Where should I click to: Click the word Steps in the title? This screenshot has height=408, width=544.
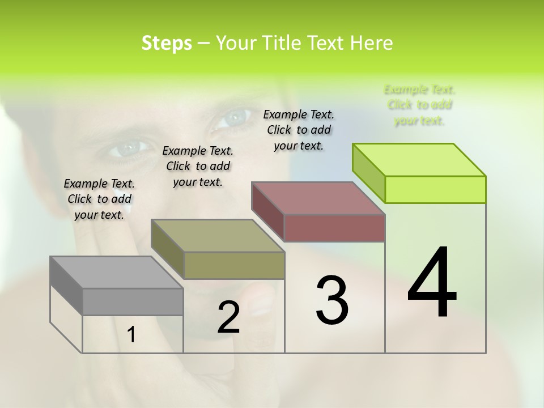(x=167, y=43)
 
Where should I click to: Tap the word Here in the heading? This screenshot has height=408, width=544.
(x=372, y=43)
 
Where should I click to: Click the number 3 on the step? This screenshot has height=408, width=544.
(x=332, y=300)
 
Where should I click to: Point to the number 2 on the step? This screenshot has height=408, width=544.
(x=228, y=317)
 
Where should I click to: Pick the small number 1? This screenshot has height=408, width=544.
(x=131, y=335)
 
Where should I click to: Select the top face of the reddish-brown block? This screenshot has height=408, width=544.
(x=318, y=198)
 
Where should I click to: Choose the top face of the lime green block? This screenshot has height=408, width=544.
(x=419, y=159)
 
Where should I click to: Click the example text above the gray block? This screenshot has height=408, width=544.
(x=99, y=199)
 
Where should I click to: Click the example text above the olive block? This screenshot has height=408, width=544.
(x=198, y=166)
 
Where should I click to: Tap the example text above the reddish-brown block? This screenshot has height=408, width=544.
(x=299, y=130)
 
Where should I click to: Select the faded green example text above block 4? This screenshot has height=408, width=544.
(x=419, y=105)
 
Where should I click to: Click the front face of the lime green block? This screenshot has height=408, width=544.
(x=435, y=189)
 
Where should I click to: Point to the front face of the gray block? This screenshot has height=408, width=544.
(x=133, y=302)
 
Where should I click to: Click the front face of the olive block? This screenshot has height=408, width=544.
(x=233, y=265)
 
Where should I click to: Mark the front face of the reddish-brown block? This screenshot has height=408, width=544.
(x=334, y=228)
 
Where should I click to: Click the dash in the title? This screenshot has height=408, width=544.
(x=204, y=44)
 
